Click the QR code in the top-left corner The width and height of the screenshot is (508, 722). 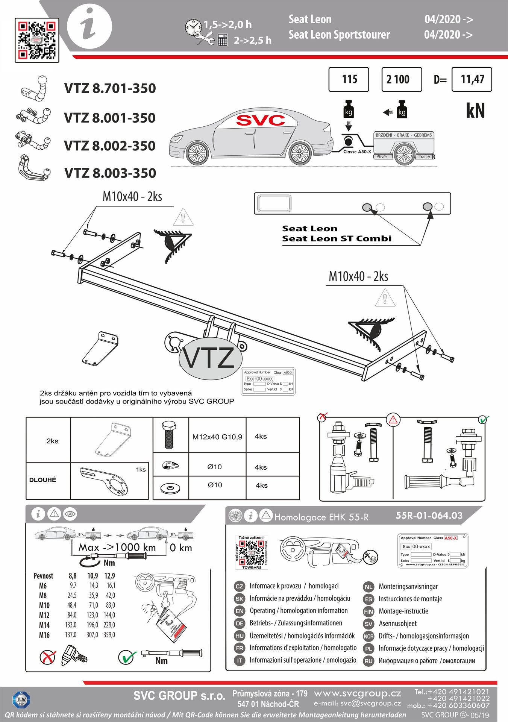click(x=37, y=40)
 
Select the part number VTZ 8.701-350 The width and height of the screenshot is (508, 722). click(x=110, y=88)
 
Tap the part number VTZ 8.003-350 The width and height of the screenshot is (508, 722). click(x=110, y=173)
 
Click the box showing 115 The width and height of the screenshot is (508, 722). click(x=349, y=79)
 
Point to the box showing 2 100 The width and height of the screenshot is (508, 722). click(x=401, y=79)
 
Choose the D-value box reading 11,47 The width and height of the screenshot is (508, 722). click(x=472, y=79)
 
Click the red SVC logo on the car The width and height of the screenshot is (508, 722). click(x=260, y=120)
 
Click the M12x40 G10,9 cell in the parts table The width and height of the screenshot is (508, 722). click(x=217, y=437)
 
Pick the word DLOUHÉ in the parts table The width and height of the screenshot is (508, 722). click(x=42, y=480)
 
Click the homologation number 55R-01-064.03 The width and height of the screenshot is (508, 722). click(x=429, y=516)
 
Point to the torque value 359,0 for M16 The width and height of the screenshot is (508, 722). click(x=109, y=635)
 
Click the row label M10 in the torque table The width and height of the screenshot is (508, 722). click(x=44, y=605)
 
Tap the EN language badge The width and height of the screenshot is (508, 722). click(x=239, y=611)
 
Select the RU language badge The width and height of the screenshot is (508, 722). click(x=368, y=661)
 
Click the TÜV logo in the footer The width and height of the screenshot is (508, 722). click(x=21, y=700)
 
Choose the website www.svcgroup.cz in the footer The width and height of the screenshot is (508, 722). click(x=357, y=693)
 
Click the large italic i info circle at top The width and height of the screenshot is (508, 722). click(x=89, y=26)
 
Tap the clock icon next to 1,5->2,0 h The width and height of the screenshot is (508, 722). click(x=194, y=27)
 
